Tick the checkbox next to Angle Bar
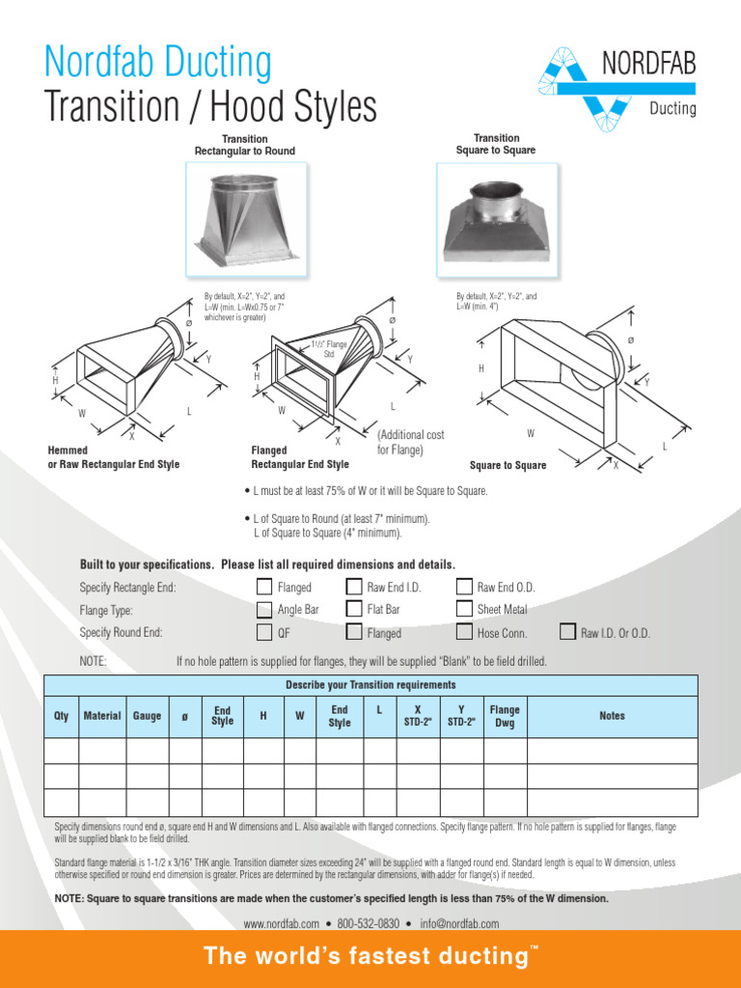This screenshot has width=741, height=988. (264, 610)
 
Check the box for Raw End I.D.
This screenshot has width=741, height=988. (353, 587)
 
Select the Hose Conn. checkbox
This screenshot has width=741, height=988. (465, 633)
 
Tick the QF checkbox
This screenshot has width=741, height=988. (264, 633)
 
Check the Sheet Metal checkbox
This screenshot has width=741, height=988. (465, 610)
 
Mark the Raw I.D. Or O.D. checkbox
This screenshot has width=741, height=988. (568, 633)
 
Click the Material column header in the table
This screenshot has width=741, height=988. (102, 716)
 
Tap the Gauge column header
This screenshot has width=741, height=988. (148, 716)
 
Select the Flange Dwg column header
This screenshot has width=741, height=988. (505, 716)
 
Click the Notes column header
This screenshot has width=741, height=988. (612, 716)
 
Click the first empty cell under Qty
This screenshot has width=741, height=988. (61, 751)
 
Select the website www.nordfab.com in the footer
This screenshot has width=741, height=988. (281, 923)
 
